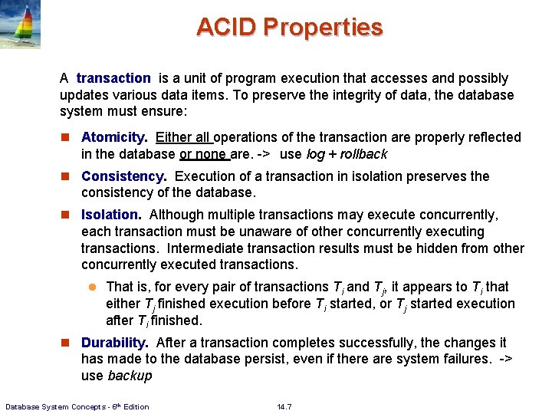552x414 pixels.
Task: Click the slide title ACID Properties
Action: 289,28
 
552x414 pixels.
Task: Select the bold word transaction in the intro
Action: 113,78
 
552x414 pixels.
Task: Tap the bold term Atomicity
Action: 114,138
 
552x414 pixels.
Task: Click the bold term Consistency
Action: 123,176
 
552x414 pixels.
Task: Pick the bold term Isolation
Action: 111,215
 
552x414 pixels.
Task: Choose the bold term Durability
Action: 114,343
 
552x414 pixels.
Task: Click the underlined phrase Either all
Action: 183,138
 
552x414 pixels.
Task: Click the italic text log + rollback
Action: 347,154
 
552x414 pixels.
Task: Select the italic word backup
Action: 130,376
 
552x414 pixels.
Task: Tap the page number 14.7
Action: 283,406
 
